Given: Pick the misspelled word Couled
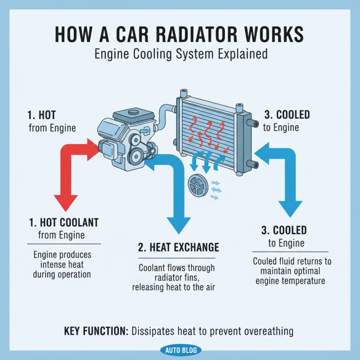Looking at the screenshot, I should pos(265,261).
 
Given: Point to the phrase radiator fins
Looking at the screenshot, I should pos(177,278).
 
